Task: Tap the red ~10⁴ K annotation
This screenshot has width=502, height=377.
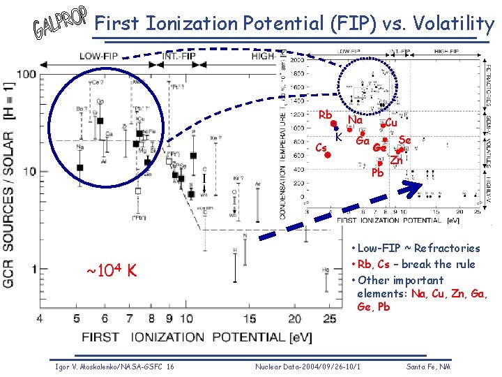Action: coord(111,269)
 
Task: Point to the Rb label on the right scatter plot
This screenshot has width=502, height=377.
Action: coord(324,114)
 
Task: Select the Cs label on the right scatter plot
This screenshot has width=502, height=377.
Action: coord(321,147)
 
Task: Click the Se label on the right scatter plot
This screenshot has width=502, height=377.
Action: coord(404,140)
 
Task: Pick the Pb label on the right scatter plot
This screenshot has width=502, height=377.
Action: coord(377,172)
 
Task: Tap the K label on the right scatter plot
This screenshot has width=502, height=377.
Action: coord(338,138)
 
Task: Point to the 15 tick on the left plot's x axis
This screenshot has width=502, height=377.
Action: coord(250,319)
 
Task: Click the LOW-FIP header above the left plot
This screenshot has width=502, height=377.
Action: coord(98,55)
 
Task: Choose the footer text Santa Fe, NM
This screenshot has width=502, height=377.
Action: coord(428,367)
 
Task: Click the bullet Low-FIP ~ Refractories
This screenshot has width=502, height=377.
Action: coord(416,248)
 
